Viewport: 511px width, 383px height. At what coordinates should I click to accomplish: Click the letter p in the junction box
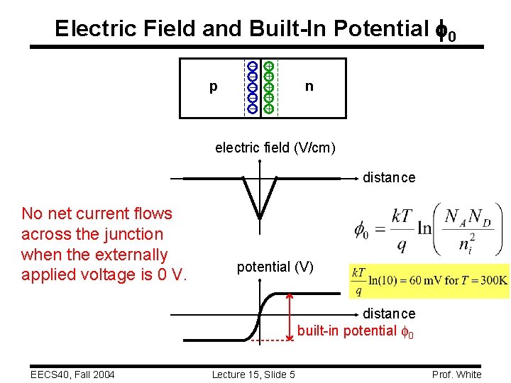pyautogui.click(x=213, y=87)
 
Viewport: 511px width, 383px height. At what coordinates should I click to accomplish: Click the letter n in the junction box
pyautogui.click(x=309, y=87)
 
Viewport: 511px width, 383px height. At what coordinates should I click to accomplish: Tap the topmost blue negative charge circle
pyautogui.click(x=252, y=67)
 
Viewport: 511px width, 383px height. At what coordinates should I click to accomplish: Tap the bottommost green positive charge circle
pyautogui.click(x=269, y=109)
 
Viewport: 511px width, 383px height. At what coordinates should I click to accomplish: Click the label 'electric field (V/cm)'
pyautogui.click(x=275, y=148)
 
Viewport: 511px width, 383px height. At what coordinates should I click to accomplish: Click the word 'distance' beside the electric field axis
pyautogui.click(x=389, y=177)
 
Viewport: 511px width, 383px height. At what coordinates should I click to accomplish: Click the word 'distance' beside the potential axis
pyautogui.click(x=389, y=313)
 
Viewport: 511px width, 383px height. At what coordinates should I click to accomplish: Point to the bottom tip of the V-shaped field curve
pyautogui.click(x=260, y=218)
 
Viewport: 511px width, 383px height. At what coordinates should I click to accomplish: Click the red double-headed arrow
pyautogui.click(x=290, y=316)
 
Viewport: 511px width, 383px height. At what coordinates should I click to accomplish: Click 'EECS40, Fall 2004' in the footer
pyautogui.click(x=72, y=374)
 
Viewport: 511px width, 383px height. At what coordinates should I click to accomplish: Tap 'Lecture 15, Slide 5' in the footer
pyautogui.click(x=253, y=374)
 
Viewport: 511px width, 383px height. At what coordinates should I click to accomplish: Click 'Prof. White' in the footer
pyautogui.click(x=456, y=374)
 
